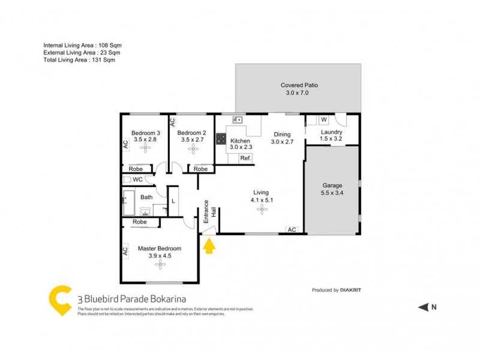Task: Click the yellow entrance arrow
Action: coord(209,245)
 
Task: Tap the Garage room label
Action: coord(332,186)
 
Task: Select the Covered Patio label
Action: coord(299,85)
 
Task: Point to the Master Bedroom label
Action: coord(159,248)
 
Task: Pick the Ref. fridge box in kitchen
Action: coord(245,158)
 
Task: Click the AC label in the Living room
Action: coord(292,230)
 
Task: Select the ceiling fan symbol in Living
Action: coord(262,209)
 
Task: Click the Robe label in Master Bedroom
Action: coord(140,222)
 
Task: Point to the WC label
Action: coord(137,179)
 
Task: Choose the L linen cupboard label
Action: coord(173,202)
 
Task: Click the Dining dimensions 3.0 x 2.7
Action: coord(281,142)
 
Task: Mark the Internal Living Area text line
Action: coord(83,45)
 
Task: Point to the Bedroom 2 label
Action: coord(192,133)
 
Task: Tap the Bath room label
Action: coord(146,197)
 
